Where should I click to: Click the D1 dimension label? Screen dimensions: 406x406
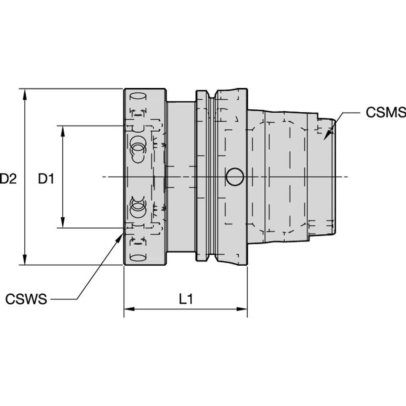pyautogui.click(x=46, y=179)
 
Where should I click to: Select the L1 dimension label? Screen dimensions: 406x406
pyautogui.click(x=185, y=300)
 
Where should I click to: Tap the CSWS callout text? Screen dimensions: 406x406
pyautogui.click(x=26, y=300)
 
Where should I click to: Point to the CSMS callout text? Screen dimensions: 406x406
pyautogui.click(x=385, y=113)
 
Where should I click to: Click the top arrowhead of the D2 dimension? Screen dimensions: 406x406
pyautogui.click(x=25, y=93)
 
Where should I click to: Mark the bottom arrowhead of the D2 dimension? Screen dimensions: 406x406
pyautogui.click(x=25, y=260)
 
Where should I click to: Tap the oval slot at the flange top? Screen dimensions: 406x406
pyautogui.click(x=138, y=96)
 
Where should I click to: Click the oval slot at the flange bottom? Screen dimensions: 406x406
pyautogui.click(x=138, y=258)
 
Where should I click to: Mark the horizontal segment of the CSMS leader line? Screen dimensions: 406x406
pyautogui.click(x=352, y=113)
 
